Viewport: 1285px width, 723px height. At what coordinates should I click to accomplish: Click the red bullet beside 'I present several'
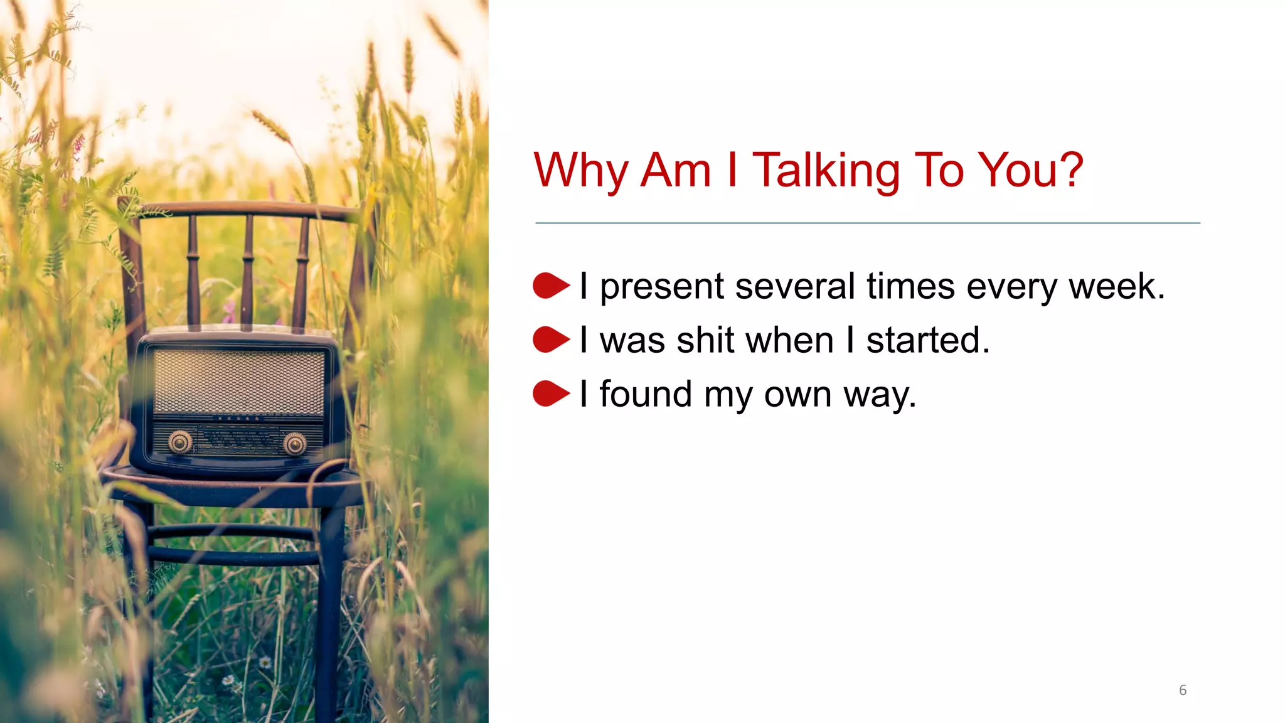pyautogui.click(x=550, y=286)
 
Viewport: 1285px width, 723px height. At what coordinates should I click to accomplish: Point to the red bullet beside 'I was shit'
pyautogui.click(x=550, y=340)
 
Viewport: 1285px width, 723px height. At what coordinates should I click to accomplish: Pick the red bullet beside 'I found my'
pyautogui.click(x=550, y=394)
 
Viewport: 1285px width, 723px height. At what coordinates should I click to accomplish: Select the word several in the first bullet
pyautogui.click(x=795, y=287)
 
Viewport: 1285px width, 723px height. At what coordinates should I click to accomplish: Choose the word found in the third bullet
pyautogui.click(x=646, y=395)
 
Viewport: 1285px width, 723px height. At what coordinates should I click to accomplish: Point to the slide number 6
pyautogui.click(x=1183, y=690)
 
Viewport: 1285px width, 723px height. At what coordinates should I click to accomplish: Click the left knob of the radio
pyautogui.click(x=181, y=442)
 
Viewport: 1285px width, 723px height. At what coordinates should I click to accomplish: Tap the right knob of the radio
pyautogui.click(x=294, y=444)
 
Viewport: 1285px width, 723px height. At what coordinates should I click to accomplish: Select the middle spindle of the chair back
pyautogui.click(x=248, y=270)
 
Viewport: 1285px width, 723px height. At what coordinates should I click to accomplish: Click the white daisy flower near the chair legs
pyautogui.click(x=265, y=662)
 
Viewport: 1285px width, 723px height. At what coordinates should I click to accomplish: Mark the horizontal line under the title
pyautogui.click(x=867, y=223)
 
